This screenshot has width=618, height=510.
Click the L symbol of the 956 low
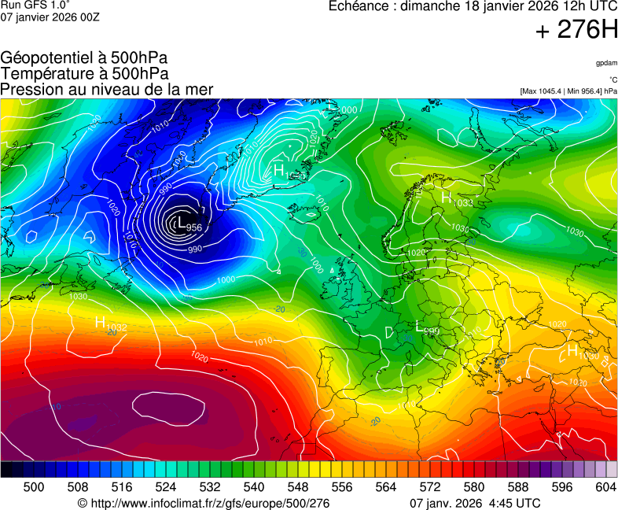[x=182, y=223]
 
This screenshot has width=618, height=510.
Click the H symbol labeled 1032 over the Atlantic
[x=100, y=322]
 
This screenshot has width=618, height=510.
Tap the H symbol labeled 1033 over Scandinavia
[x=446, y=198]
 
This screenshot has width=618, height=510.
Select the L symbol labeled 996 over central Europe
[x=419, y=326]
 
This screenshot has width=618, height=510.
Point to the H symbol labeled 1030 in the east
[x=572, y=349]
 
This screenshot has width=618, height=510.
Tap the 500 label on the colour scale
[x=34, y=487]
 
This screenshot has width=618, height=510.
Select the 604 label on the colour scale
[x=605, y=487]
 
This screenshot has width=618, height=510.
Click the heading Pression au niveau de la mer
[x=107, y=89]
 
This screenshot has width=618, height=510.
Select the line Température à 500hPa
[x=84, y=73]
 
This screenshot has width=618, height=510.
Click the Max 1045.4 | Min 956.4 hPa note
[x=568, y=91]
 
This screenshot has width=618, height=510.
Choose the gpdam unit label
[x=606, y=62]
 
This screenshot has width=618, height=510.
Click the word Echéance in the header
[x=359, y=6]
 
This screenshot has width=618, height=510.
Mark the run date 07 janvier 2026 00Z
[x=50, y=17]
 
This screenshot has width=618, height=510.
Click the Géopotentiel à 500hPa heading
[x=84, y=58]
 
